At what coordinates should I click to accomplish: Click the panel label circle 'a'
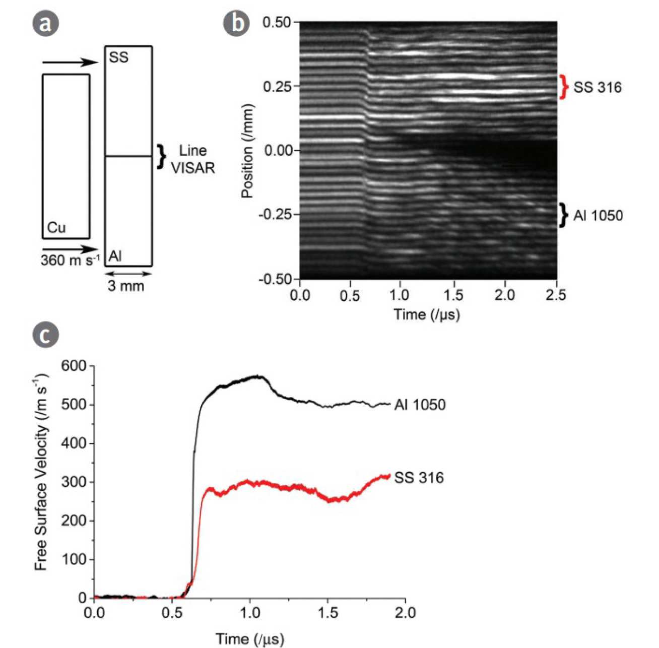pos(45,24)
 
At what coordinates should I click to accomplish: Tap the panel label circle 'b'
pos(236,24)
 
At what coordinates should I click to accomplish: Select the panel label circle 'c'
pos(45,335)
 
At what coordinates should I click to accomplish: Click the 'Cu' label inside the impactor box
pos(56,228)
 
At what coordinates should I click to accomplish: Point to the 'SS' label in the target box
pos(118,57)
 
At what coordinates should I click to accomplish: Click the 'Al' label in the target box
pos(115,256)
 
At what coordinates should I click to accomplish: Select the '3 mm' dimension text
pos(126,286)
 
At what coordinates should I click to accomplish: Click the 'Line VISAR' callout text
pos(192,159)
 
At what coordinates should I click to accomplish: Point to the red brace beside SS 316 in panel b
pos(564,87)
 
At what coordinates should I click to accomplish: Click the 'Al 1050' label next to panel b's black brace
pos(598,216)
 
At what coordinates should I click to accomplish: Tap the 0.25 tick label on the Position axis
pos(277,87)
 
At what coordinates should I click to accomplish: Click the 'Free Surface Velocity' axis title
pos(41,471)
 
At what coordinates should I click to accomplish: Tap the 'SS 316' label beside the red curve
pos(419,478)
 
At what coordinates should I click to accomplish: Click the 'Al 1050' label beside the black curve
pos(420,405)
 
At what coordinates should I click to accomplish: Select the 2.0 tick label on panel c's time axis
pos(405,613)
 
